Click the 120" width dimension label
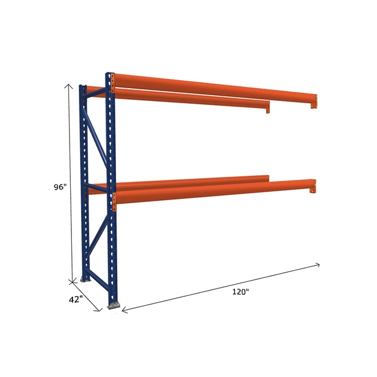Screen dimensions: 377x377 click(240, 292)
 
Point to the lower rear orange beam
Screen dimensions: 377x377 click(186, 180)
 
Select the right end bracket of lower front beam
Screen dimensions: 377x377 click(314, 186)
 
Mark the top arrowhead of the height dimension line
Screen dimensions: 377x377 click(70, 85)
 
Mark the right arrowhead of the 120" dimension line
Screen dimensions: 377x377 click(318, 264)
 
